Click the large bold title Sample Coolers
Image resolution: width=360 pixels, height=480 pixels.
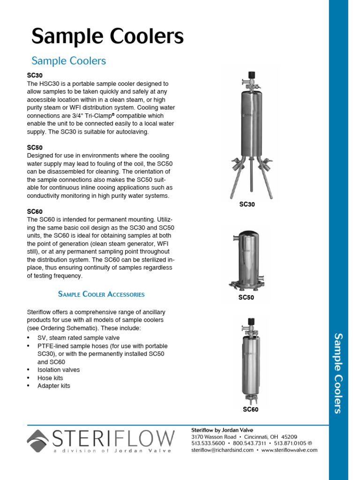click(x=107, y=37)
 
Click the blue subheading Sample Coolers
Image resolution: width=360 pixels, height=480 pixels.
click(x=68, y=61)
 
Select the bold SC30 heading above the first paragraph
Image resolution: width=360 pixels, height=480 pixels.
click(x=35, y=75)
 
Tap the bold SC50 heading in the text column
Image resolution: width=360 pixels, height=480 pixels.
click(x=35, y=148)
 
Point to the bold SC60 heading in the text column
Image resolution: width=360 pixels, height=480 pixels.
click(x=35, y=212)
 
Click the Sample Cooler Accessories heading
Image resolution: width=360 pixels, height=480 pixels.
click(x=101, y=294)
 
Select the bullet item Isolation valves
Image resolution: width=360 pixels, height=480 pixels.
click(x=59, y=370)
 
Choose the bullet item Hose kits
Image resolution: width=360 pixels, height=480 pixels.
click(x=50, y=378)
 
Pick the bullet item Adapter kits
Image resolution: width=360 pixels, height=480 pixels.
click(x=54, y=386)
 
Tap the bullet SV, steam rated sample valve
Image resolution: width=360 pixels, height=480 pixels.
click(x=78, y=338)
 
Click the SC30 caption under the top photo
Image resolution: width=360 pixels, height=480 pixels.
click(x=247, y=205)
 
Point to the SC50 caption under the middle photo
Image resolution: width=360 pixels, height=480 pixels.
click(x=246, y=297)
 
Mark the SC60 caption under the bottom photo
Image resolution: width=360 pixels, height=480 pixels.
click(x=250, y=409)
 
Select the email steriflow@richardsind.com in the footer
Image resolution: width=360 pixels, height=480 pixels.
click(x=222, y=450)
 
